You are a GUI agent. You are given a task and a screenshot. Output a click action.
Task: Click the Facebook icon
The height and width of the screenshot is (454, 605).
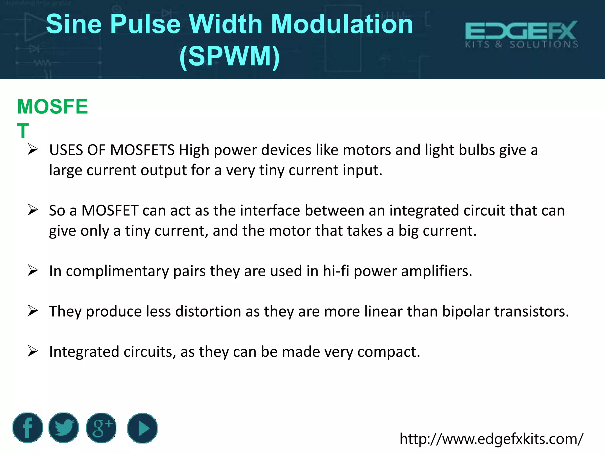tap(28, 428)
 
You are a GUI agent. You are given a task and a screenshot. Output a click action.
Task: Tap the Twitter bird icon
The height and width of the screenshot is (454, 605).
tap(64, 428)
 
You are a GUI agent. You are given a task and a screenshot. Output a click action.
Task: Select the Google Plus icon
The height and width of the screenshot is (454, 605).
tap(101, 428)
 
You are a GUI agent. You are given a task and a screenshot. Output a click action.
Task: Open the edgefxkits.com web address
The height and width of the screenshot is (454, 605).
tap(491, 439)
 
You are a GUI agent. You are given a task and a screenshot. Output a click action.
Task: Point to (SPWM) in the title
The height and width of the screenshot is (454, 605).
tap(230, 56)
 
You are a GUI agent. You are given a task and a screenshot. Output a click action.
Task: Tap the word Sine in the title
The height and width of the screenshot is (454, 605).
tap(74, 24)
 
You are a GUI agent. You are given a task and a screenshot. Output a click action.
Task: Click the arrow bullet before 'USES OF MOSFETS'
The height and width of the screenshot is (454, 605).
tap(33, 150)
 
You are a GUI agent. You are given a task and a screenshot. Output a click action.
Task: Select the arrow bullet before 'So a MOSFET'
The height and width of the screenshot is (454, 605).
tap(33, 210)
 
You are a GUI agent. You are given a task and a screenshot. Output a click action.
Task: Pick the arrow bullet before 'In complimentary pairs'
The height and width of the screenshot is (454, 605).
tap(33, 270)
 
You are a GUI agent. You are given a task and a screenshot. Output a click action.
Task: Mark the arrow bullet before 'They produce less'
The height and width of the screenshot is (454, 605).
tap(33, 311)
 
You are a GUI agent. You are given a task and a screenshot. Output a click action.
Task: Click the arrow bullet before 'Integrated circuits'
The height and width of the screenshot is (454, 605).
tap(33, 351)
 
